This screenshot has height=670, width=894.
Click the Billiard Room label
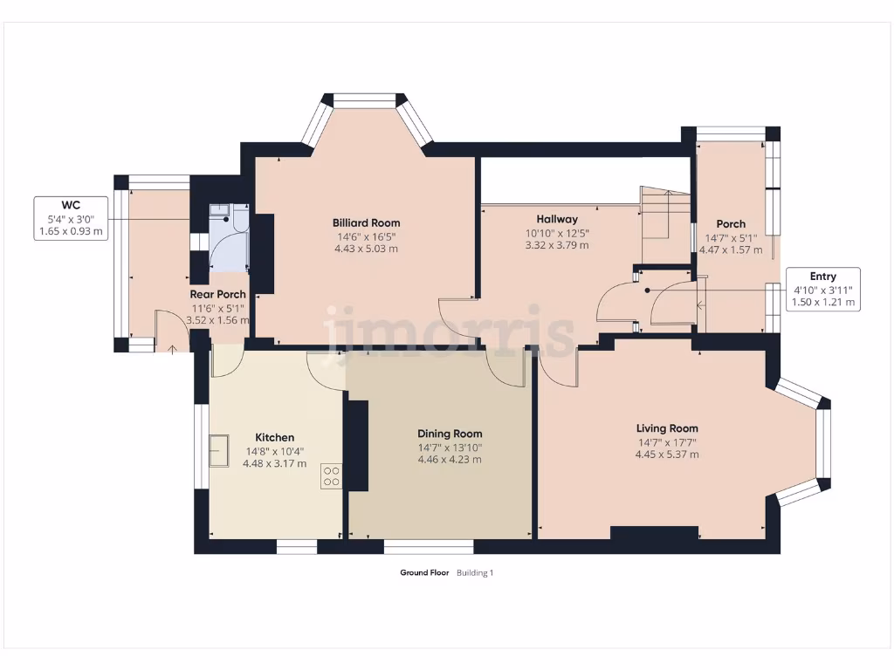pyautogui.click(x=366, y=222)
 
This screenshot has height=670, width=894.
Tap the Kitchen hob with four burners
pyautogui.click(x=332, y=476)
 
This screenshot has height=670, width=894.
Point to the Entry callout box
pyautogui.click(x=822, y=290)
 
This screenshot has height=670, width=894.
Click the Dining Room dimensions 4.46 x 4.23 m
pyautogui.click(x=450, y=459)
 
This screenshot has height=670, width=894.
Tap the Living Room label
pyautogui.click(x=667, y=428)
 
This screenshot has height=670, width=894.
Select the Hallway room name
pyautogui.click(x=557, y=219)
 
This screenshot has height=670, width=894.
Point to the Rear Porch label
pyautogui.click(x=217, y=295)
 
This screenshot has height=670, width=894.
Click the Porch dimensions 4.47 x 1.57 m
pyautogui.click(x=730, y=250)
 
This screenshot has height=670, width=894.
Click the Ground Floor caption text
pyautogui.click(x=424, y=573)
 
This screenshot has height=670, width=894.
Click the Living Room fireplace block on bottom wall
pyautogui.click(x=654, y=533)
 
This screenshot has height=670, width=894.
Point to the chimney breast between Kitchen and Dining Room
pyautogui.click(x=357, y=446)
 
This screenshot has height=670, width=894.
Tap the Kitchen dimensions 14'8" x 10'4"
pyautogui.click(x=274, y=451)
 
